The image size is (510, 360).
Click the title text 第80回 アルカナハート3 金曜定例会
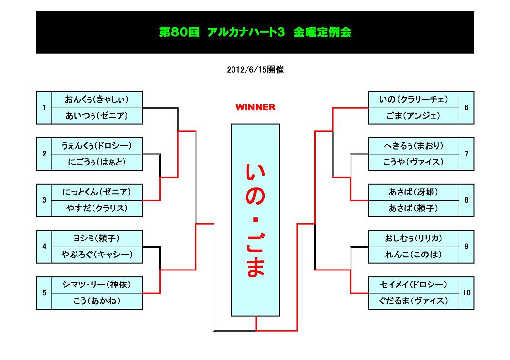tap(255, 32)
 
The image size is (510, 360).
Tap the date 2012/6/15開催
tap(255, 70)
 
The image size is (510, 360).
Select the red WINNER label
tap(255, 107)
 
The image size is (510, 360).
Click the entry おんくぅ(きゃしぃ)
tap(96, 100)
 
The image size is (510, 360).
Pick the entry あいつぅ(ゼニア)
tap(96, 116)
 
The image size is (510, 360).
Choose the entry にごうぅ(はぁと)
tap(96, 162)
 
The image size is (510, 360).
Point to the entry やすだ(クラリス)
tap(96, 209)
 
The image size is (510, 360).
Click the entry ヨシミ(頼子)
tap(96, 239)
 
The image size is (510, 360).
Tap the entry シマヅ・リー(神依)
tap(96, 285)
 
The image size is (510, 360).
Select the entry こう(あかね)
tap(96, 301)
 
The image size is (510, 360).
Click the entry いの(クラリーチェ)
tap(413, 100)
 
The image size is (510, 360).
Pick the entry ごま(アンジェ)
tap(413, 116)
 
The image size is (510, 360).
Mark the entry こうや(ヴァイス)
tap(413, 162)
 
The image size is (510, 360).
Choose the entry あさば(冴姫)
tap(413, 193)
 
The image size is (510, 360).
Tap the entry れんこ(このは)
tap(413, 255)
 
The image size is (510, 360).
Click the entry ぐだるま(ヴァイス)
tap(413, 301)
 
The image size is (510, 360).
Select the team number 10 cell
tap(466, 293)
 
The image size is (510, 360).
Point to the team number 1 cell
tap(44, 107)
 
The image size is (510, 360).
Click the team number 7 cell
tap(466, 154)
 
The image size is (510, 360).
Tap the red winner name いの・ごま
tap(255, 220)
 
